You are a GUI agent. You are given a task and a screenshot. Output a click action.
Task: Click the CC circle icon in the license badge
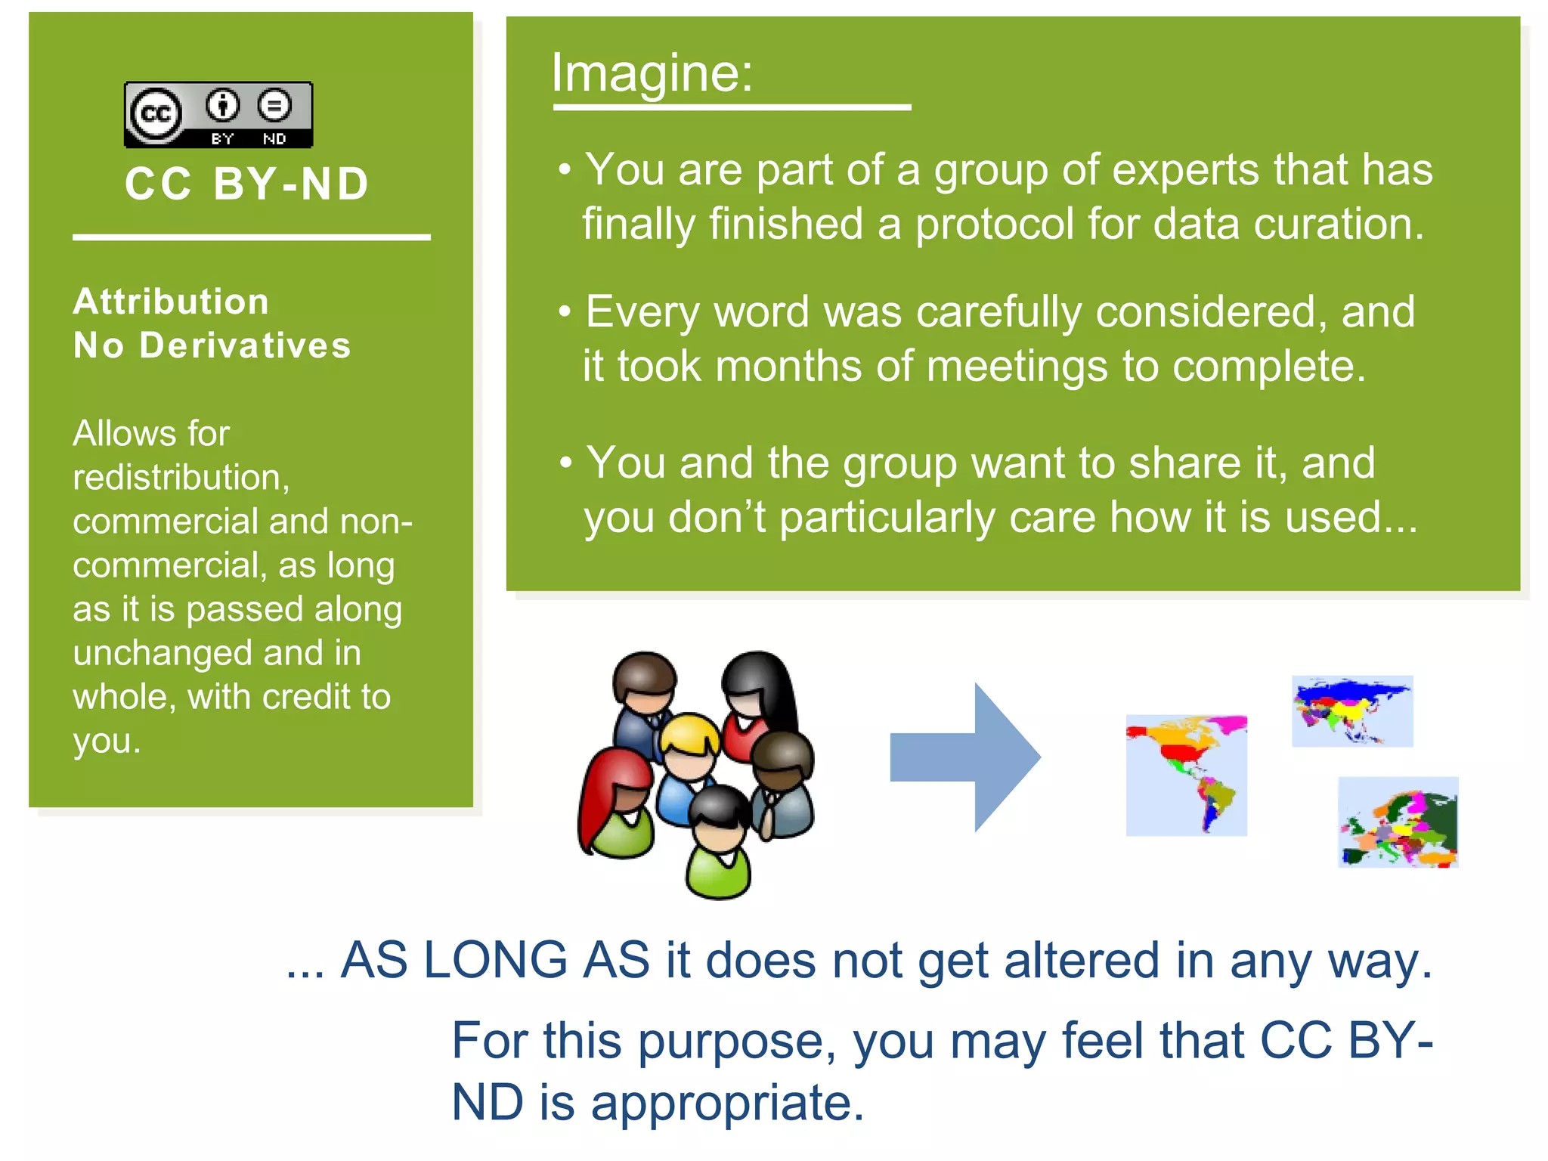pyautogui.click(x=156, y=114)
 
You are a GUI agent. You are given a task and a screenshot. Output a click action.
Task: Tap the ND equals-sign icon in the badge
pyautogui.click(x=274, y=105)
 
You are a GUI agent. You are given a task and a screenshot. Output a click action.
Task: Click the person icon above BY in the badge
pyautogui.click(x=222, y=105)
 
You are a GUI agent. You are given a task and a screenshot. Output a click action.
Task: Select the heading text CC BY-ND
pyautogui.click(x=246, y=184)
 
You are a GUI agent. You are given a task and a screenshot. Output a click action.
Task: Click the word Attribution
pyautogui.click(x=171, y=302)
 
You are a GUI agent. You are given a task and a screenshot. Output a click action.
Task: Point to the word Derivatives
pyautogui.click(x=246, y=345)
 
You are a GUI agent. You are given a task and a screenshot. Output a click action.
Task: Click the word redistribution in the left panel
pyautogui.click(x=181, y=478)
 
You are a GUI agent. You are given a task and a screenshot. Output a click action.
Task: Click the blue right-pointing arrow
pyautogui.click(x=965, y=757)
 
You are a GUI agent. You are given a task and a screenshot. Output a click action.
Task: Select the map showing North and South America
pyautogui.click(x=1186, y=775)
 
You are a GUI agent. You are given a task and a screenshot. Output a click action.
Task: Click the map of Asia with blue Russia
pyautogui.click(x=1351, y=711)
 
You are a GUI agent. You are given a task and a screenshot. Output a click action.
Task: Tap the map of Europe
pyautogui.click(x=1398, y=822)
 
